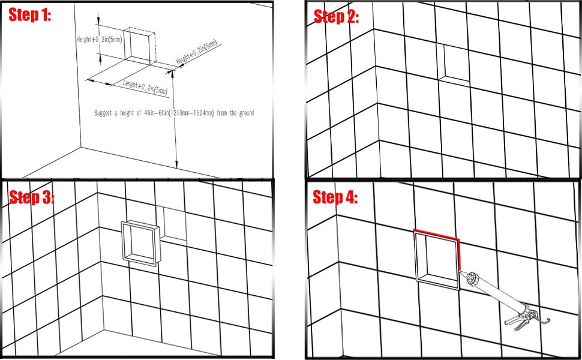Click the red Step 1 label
tap(29, 15)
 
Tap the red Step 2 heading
tap(336, 16)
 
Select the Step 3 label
tap(32, 197)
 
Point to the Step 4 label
tap(335, 197)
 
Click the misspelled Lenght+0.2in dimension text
tap(145, 88)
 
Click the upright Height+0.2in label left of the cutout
tap(99, 39)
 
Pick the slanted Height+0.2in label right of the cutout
tap(196, 52)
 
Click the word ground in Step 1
tap(245, 113)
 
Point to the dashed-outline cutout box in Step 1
tap(140, 45)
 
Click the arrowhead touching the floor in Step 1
tap(176, 164)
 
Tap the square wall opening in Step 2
tap(454, 63)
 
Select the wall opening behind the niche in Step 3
tap(175, 224)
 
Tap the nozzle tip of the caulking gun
tap(461, 272)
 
